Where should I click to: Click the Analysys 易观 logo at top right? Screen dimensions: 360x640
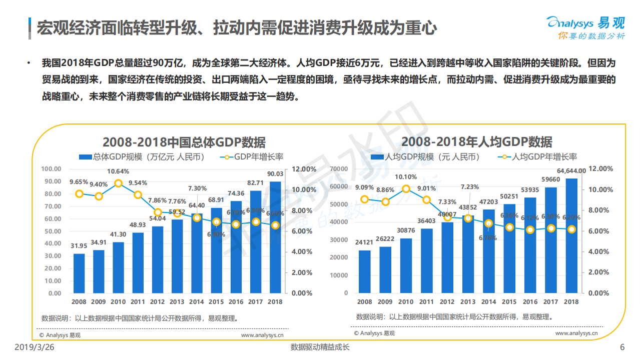[584, 28]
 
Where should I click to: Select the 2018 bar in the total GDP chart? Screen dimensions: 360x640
[275, 237]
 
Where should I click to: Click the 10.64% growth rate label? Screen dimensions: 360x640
[118, 171]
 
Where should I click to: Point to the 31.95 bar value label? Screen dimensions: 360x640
[79, 246]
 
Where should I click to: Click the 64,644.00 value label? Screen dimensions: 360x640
[571, 171]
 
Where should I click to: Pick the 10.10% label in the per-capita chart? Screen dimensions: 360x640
[406, 177]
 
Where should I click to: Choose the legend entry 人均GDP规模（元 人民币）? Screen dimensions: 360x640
[425, 157]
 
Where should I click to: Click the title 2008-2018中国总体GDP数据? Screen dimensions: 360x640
[184, 142]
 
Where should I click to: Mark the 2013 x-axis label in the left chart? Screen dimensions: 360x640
[177, 302]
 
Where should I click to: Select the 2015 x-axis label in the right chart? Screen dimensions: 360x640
[509, 302]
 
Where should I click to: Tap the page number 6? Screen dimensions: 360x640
[622, 347]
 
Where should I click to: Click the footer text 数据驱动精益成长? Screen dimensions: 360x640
[320, 347]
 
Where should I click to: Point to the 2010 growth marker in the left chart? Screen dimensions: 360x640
[118, 183]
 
